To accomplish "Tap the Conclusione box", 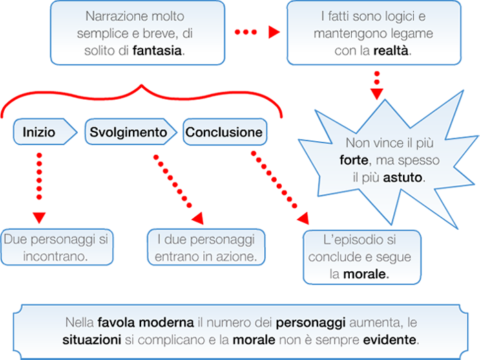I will pyautogui.click(x=224, y=133).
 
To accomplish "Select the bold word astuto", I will pyautogui.click(x=403, y=177).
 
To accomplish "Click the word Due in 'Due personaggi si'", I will pyautogui.click(x=16, y=240).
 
